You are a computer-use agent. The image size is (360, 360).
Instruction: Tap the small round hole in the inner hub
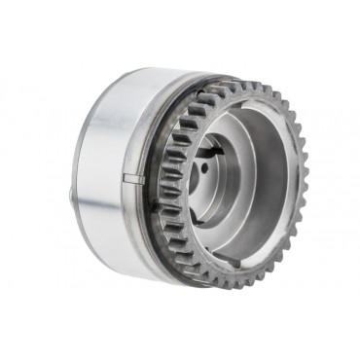(x=210, y=179)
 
